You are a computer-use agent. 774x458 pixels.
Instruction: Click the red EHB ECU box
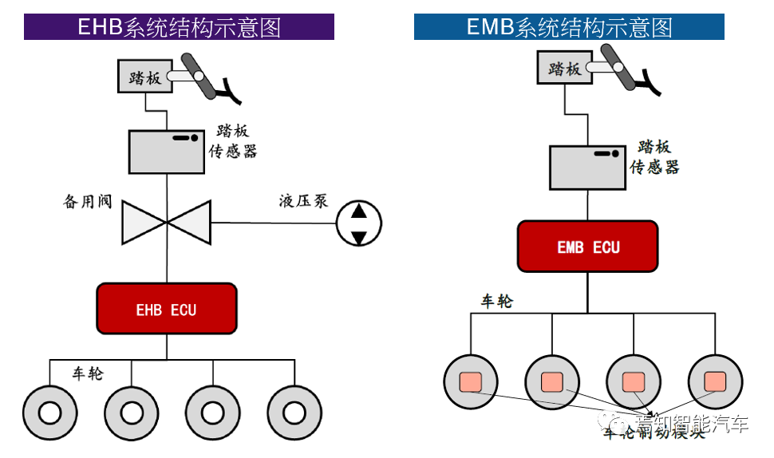[167, 309]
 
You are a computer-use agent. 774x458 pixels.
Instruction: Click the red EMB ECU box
[588, 247]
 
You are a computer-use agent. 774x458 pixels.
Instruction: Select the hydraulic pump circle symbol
[358, 224]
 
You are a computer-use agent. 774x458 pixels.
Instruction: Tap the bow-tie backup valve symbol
[166, 222]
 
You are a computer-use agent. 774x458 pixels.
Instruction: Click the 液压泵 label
[303, 200]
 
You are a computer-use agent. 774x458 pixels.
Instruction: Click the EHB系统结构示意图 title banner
[179, 27]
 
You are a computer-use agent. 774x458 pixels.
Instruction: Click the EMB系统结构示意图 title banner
[569, 27]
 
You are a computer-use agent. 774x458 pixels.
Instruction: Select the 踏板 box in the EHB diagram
[144, 77]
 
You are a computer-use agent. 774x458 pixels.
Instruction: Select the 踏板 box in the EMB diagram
[563, 69]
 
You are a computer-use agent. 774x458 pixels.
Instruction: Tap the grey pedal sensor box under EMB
[586, 167]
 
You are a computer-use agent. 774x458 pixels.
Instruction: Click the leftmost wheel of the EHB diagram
[49, 412]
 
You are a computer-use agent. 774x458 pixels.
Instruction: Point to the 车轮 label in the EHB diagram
[88, 373]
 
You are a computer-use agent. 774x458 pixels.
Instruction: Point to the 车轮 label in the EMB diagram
[496, 302]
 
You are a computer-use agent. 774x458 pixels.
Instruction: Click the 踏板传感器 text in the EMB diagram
[655, 157]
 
